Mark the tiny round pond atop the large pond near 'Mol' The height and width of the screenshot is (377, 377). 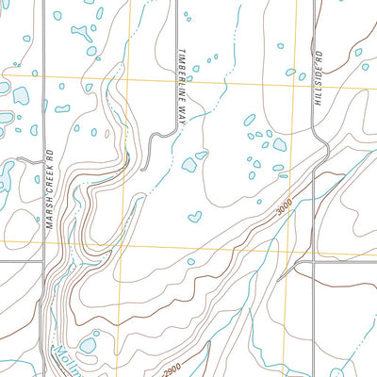(94, 332)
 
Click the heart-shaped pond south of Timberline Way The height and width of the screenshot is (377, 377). (194, 217)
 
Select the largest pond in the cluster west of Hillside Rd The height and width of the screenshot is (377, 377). (279, 145)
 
